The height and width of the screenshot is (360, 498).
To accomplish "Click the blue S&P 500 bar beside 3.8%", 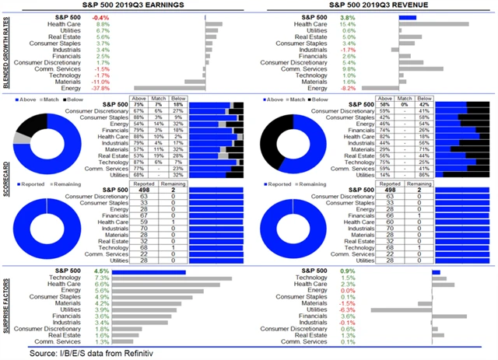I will tap(407, 16).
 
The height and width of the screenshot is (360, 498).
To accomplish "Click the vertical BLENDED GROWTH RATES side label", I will tap(7, 52).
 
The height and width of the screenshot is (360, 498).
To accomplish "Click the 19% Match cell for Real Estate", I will tap(159, 155).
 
